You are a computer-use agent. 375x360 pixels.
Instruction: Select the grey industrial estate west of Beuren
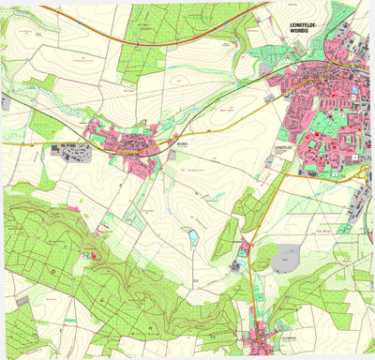(75, 153)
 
